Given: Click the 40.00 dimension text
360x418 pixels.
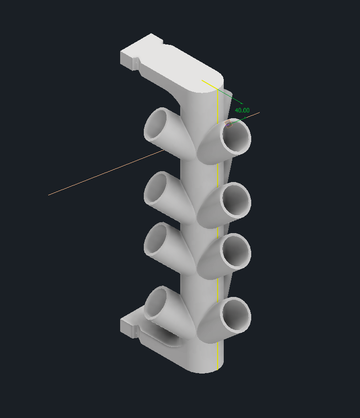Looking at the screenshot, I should pyautogui.click(x=242, y=110).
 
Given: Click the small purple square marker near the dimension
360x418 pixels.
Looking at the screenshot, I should pyautogui.click(x=229, y=124).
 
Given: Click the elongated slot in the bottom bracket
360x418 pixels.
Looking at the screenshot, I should pyautogui.click(x=164, y=336).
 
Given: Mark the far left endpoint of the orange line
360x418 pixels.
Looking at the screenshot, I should pyautogui.click(x=49, y=194).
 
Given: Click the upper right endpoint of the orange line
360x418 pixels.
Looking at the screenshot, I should pyautogui.click(x=259, y=113).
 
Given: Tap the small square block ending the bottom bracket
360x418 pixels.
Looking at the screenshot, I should pyautogui.click(x=128, y=327).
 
